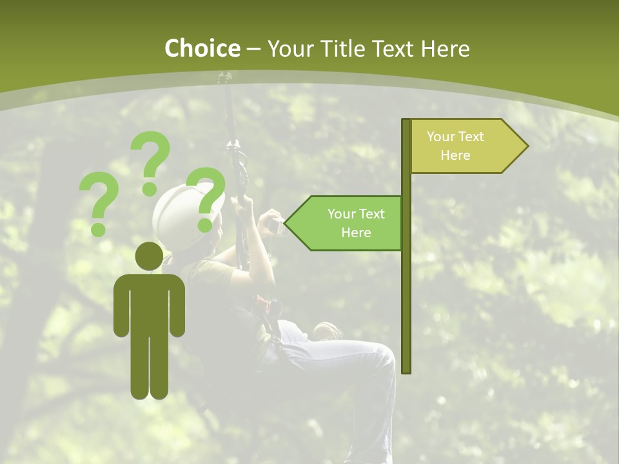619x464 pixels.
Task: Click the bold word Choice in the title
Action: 202,48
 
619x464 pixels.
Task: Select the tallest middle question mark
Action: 151,161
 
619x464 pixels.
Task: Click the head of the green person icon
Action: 149,256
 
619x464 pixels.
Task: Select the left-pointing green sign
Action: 348,223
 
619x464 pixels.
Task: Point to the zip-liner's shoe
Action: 328,331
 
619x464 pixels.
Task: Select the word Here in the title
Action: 445,48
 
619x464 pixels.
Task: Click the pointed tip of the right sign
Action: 526,146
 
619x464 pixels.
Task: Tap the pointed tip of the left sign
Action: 286,224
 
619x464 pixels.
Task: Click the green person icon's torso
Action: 149,303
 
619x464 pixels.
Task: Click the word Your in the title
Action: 289,48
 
